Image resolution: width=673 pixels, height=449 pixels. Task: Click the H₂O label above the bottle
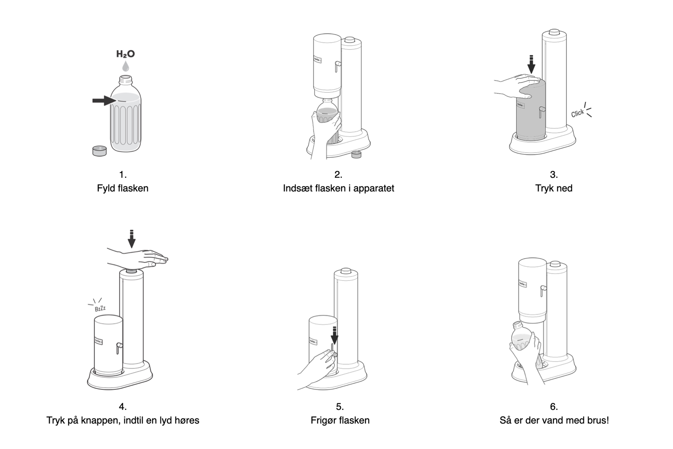(125, 54)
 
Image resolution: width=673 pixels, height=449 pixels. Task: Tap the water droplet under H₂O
(125, 66)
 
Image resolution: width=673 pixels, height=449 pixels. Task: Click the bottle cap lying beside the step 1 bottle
(99, 151)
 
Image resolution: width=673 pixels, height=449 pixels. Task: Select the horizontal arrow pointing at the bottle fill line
(104, 101)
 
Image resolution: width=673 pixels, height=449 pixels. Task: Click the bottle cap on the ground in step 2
(356, 154)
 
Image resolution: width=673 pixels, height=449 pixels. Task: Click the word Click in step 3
(577, 113)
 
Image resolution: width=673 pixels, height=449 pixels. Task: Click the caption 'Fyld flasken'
(122, 188)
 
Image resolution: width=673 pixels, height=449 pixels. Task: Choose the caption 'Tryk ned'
(554, 188)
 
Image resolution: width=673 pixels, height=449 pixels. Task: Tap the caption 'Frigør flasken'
(340, 420)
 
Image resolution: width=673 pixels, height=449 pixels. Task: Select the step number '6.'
(554, 406)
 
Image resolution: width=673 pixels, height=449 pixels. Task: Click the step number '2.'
(338, 174)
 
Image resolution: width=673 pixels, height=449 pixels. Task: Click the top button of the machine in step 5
(346, 271)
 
